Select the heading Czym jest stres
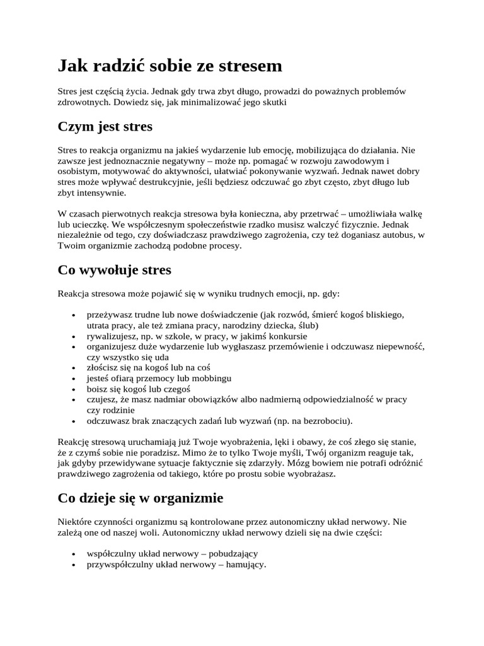tap(105, 127)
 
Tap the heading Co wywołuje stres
tap(114, 270)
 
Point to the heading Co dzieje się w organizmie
tap(140, 498)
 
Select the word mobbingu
tap(212, 378)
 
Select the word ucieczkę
tap(93, 224)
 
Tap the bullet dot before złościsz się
tap(75, 367)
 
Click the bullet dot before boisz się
tap(75, 389)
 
